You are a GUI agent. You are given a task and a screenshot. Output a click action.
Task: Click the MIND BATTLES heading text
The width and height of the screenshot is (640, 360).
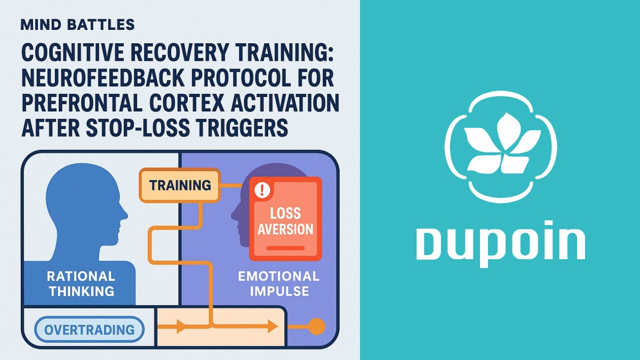[78, 25]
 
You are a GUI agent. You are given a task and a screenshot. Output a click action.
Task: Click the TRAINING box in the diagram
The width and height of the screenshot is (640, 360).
[180, 186]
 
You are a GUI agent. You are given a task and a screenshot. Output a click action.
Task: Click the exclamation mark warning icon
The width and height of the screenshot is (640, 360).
[261, 190]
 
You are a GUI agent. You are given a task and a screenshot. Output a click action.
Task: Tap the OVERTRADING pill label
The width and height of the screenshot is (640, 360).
[90, 330]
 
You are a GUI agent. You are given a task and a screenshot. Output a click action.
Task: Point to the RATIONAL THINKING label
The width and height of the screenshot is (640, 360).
[81, 284]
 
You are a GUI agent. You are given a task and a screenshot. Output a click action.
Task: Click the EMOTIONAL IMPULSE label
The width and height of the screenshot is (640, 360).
[278, 284]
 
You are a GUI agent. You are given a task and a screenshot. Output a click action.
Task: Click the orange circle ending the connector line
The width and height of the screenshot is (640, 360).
[317, 326]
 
